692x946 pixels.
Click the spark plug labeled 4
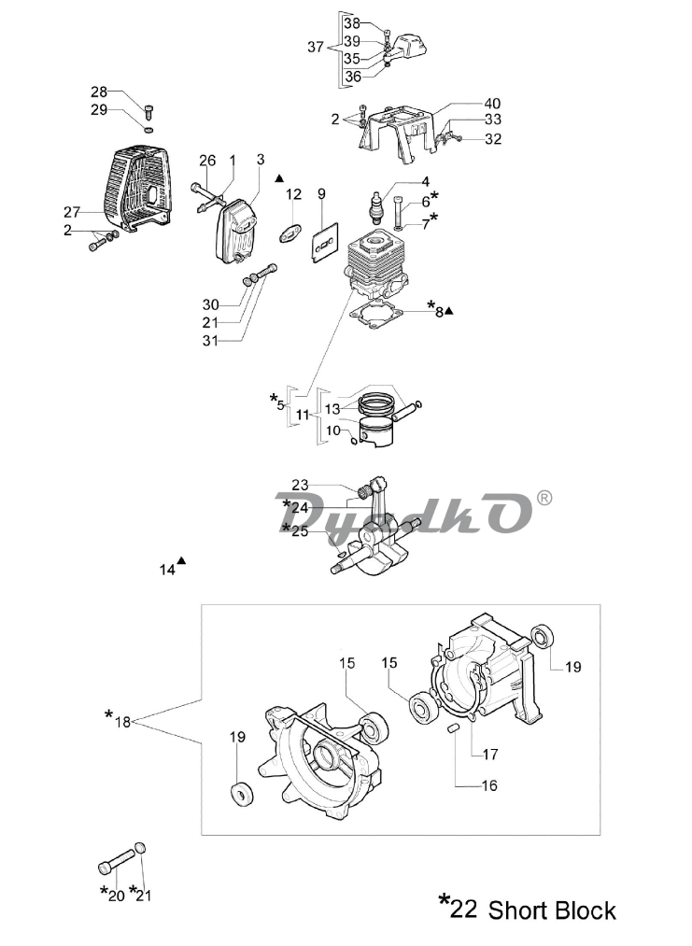pyautogui.click(x=377, y=207)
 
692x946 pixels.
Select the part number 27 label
pyautogui.click(x=72, y=212)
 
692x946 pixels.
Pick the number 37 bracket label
pyautogui.click(x=316, y=47)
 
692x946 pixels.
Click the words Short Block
pyautogui.click(x=551, y=911)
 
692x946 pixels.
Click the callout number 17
pyautogui.click(x=490, y=754)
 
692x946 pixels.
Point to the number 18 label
pyautogui.click(x=122, y=721)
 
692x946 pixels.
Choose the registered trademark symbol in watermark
pyautogui.click(x=544, y=498)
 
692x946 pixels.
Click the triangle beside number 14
pyautogui.click(x=181, y=560)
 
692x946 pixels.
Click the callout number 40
pyautogui.click(x=492, y=103)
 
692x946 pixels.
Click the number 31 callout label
pyautogui.click(x=210, y=340)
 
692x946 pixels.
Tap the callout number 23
pyautogui.click(x=300, y=485)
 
